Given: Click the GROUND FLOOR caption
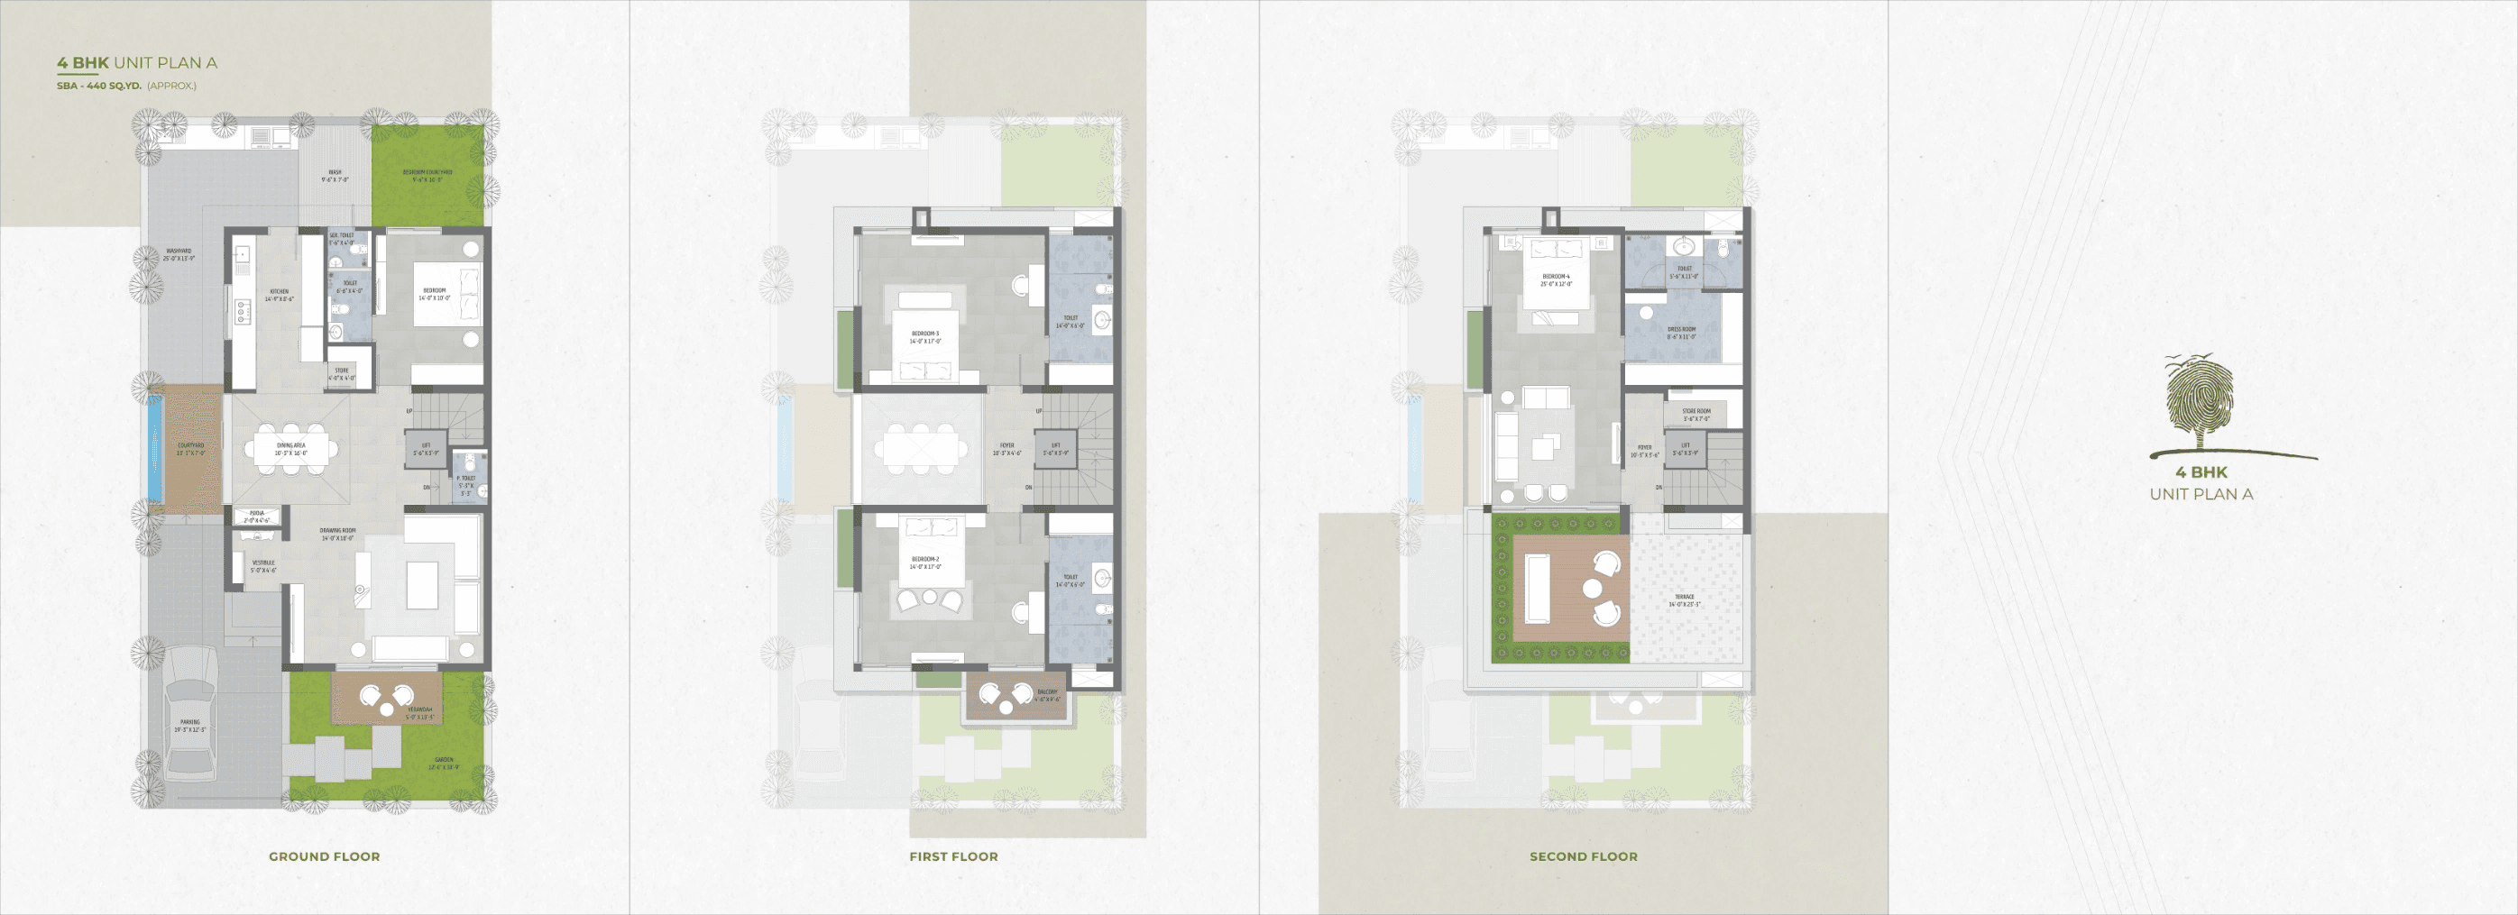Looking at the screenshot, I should pos(325,856).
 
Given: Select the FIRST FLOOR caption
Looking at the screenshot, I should pos(953,856).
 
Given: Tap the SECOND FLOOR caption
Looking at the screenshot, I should pos(1583,856).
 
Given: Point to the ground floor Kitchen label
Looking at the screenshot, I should pos(279,294).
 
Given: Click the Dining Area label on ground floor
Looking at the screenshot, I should pos(290,449).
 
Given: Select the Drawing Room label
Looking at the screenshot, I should pos(337,534).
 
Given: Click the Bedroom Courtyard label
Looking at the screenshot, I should pos(427,175).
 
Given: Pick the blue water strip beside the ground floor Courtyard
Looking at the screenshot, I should pos(153,449).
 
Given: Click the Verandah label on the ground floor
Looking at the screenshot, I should pos(419,713).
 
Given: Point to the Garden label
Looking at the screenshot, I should pos(444,763).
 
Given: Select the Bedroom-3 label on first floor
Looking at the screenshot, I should pos(924,337).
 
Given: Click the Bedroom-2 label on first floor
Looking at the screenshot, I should pos(924,563).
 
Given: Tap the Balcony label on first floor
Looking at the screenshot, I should pos(1047,695).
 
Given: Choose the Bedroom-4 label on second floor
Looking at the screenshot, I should pos(1555,279).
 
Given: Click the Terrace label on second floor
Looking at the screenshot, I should pos(1684,600).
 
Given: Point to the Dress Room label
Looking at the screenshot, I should pos(1681,333).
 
